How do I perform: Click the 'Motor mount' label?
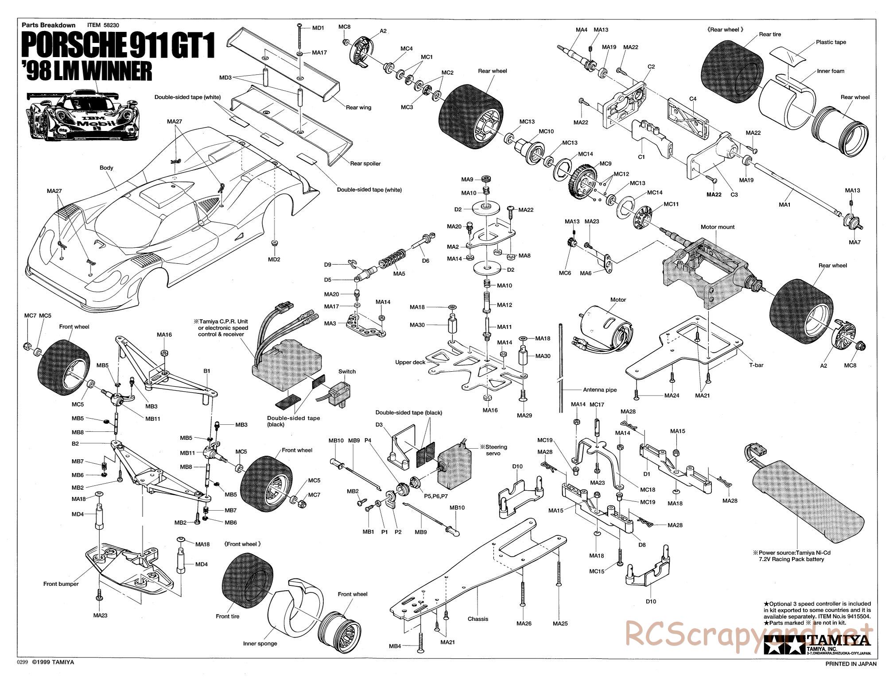717,227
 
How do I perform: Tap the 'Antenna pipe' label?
600,390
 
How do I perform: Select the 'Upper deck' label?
410,362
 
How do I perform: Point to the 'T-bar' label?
757,365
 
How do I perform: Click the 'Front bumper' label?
61,584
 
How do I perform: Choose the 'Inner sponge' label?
260,643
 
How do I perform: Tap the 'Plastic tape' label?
831,42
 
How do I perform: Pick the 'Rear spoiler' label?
365,163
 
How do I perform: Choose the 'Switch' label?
347,371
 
